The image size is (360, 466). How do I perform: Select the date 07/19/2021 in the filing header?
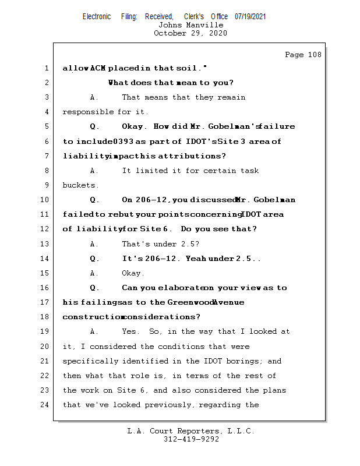click(250, 16)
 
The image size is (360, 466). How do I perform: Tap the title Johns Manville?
click(190, 25)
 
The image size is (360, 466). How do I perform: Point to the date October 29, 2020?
click(190, 33)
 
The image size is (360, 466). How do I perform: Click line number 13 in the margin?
click(45, 243)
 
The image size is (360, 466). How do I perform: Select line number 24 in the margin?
click(45, 404)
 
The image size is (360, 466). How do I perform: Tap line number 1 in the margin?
click(47, 68)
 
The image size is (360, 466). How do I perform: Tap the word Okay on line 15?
click(133, 273)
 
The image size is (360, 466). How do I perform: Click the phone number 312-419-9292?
click(191, 439)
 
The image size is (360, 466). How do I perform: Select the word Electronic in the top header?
click(97, 16)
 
